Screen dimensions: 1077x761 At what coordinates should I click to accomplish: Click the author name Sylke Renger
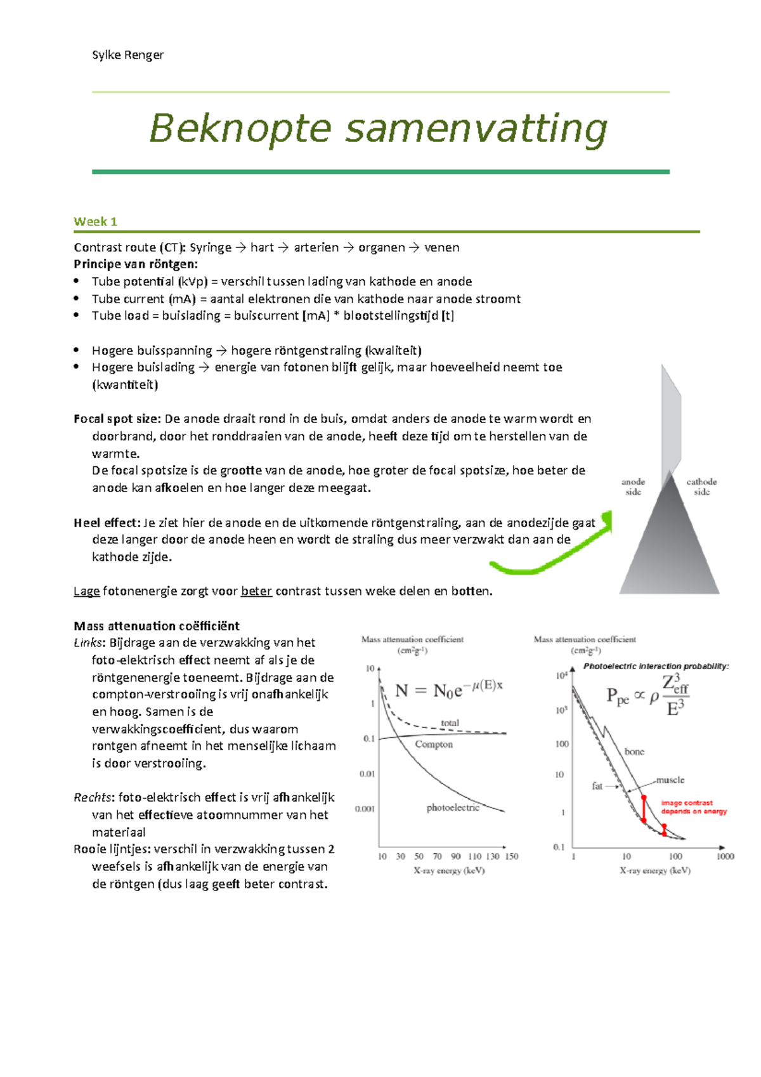pos(127,55)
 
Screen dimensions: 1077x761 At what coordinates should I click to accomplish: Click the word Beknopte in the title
pos(240,129)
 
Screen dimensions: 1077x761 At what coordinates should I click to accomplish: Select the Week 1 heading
pos(95,221)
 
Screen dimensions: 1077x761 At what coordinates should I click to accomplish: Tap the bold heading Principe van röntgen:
pos(136,264)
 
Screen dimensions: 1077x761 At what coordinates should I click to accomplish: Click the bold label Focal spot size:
pos(117,419)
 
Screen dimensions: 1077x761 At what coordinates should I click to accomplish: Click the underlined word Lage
pos(86,591)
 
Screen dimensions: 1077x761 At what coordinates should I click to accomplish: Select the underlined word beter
pos(256,591)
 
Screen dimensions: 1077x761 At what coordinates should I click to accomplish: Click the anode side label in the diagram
pos(633,486)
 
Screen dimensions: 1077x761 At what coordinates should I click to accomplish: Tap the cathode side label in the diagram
pos(701,486)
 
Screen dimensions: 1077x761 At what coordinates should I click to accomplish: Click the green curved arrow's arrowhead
pos(608,520)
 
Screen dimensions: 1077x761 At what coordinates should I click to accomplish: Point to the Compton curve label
pos(434,744)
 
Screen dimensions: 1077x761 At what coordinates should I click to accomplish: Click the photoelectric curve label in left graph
pos(453,807)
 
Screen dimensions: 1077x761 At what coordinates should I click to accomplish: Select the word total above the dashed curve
pos(450,722)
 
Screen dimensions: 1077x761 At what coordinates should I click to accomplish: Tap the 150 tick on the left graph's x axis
pos(511,856)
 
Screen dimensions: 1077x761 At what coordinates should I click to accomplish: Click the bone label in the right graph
pos(634,752)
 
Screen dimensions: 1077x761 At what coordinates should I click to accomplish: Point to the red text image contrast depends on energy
pos(693,807)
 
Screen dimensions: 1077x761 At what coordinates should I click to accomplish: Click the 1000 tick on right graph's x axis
pos(725,856)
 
